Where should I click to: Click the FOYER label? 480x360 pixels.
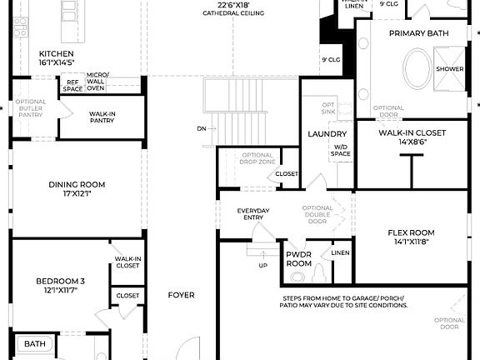[x=181, y=295]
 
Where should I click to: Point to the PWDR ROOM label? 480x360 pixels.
[x=298, y=258]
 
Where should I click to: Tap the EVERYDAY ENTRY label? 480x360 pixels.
[x=253, y=213]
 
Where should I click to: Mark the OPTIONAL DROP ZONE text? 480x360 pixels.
[x=257, y=158]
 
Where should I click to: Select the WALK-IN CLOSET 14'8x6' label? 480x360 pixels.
[x=412, y=137]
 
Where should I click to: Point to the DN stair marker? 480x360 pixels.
[x=202, y=128]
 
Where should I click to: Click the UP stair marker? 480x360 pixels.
[x=263, y=265]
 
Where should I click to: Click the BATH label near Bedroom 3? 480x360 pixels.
[x=34, y=342]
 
